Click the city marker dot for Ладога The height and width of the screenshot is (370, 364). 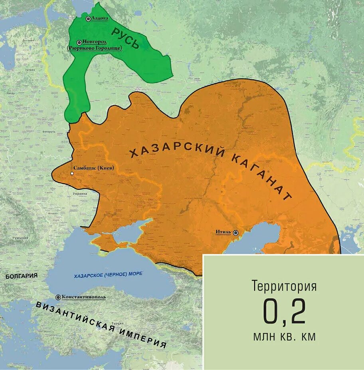point(88,19)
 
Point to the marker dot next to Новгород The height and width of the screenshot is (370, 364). point(79,42)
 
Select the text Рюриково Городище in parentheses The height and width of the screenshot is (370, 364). point(95,48)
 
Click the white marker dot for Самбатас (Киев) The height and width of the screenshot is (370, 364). point(72,173)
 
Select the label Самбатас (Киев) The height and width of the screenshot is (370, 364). point(94,168)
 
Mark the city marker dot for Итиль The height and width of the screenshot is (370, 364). point(236,233)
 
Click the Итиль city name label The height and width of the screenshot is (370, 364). point(224,232)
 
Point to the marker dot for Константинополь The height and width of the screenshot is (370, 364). point(58,297)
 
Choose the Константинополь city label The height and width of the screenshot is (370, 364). point(83,297)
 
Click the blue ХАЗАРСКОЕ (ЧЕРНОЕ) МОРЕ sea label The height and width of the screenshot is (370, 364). point(108,274)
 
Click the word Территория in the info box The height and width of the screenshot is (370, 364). point(284,286)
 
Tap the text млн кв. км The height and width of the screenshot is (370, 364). point(284,337)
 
